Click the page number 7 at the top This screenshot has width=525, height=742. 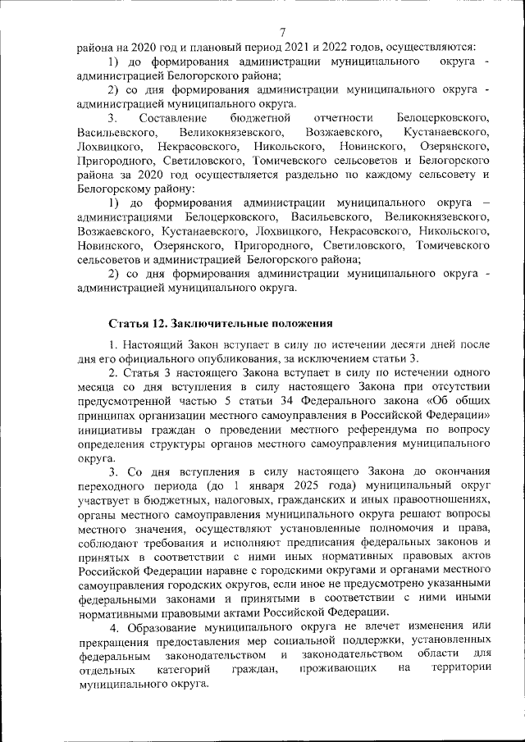pos(281,31)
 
